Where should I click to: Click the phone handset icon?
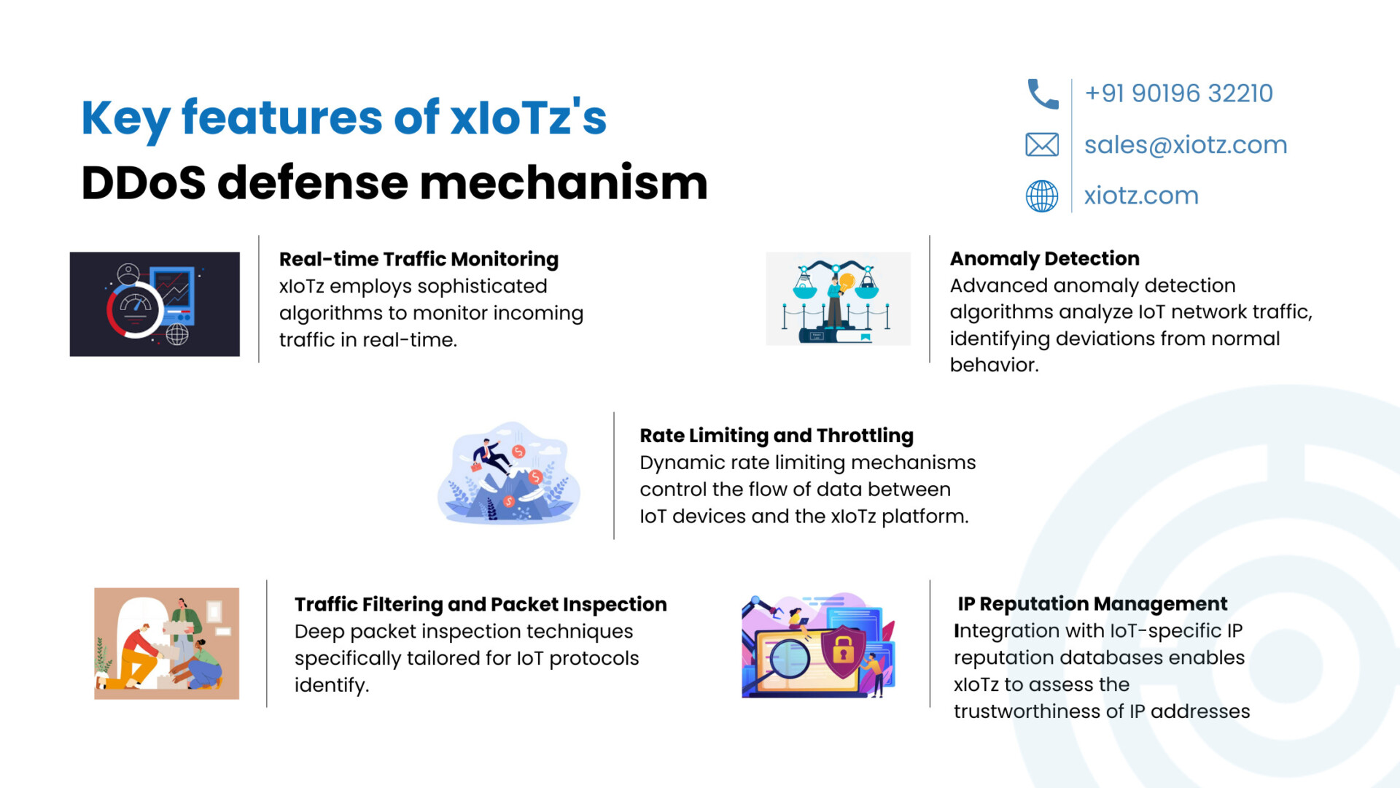[x=1043, y=94]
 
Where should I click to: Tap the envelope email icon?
[x=1042, y=144]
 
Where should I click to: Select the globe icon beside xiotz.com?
[x=1042, y=196]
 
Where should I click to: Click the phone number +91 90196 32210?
[x=1178, y=93]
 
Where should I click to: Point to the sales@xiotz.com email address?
[x=1186, y=144]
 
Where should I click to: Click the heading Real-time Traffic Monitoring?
[x=419, y=259]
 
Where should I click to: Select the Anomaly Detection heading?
[x=1044, y=258]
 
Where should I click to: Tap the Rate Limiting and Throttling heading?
[x=777, y=436]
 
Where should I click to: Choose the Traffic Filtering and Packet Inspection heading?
[x=481, y=604]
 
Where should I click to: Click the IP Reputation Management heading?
[x=1092, y=603]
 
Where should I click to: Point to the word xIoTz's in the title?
[x=529, y=117]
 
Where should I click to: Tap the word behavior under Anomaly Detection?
[x=994, y=365]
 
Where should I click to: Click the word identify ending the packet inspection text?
[x=332, y=685]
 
